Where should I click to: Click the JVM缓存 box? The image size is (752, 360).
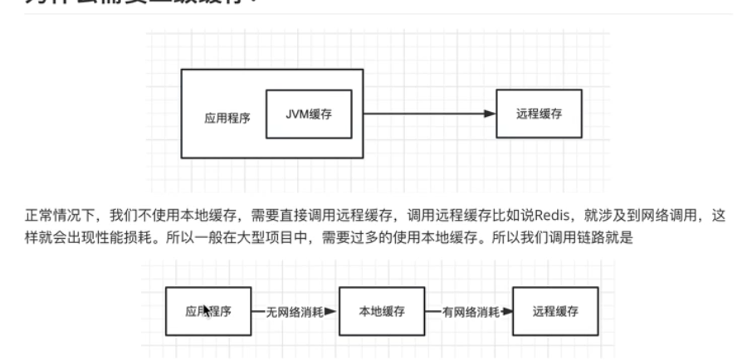point(309,114)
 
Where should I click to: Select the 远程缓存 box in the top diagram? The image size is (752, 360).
point(539,114)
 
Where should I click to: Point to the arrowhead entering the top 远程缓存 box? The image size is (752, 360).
point(491,114)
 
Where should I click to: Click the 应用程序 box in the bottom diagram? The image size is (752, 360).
point(208,312)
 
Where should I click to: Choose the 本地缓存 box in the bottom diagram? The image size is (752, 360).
point(382,312)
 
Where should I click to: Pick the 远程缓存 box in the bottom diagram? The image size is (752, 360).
point(555,312)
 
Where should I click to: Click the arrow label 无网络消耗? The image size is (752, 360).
point(291,313)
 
